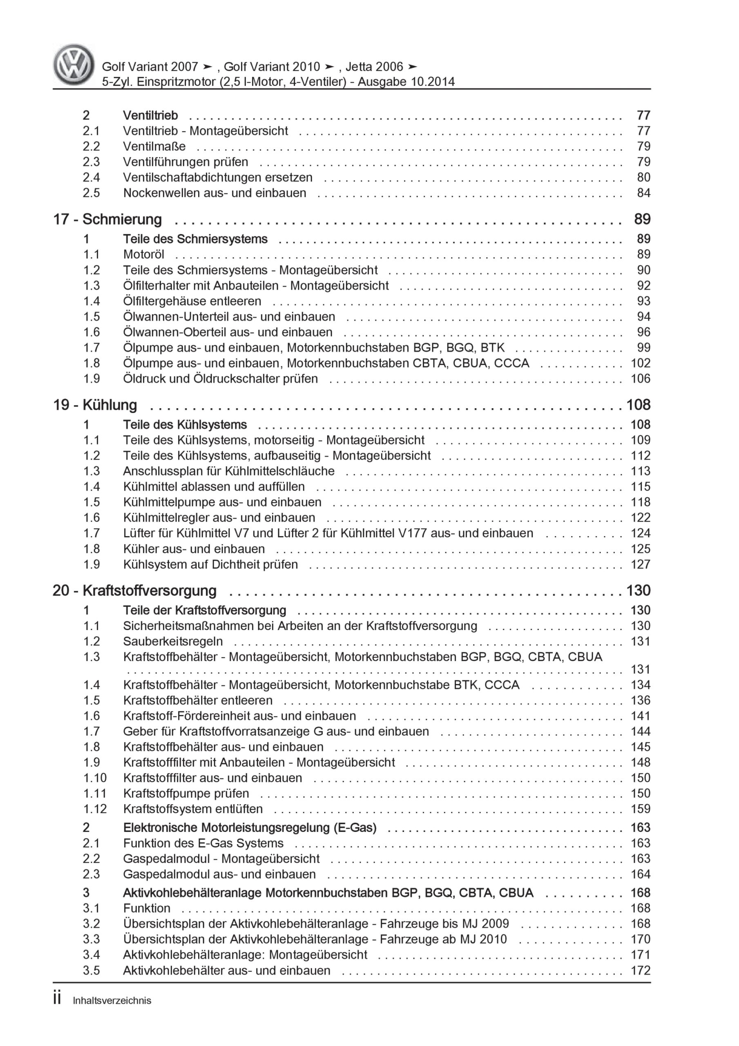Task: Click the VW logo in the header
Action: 74,65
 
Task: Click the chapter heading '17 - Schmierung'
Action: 107,219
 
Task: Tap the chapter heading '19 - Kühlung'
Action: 95,405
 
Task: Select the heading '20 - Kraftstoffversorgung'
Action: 134,591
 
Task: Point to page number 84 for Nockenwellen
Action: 643,193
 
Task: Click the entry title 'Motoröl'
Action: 143,255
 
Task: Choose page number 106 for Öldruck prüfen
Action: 640,379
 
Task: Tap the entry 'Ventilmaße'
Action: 154,147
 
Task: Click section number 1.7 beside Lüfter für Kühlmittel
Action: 91,533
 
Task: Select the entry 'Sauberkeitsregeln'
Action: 173,641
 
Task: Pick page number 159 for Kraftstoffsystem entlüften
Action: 640,809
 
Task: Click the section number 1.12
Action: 94,809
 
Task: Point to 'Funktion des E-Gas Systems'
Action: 203,843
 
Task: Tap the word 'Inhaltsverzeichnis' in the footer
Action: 112,1001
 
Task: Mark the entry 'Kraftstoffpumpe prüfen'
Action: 186,793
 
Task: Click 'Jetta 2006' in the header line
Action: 375,67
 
